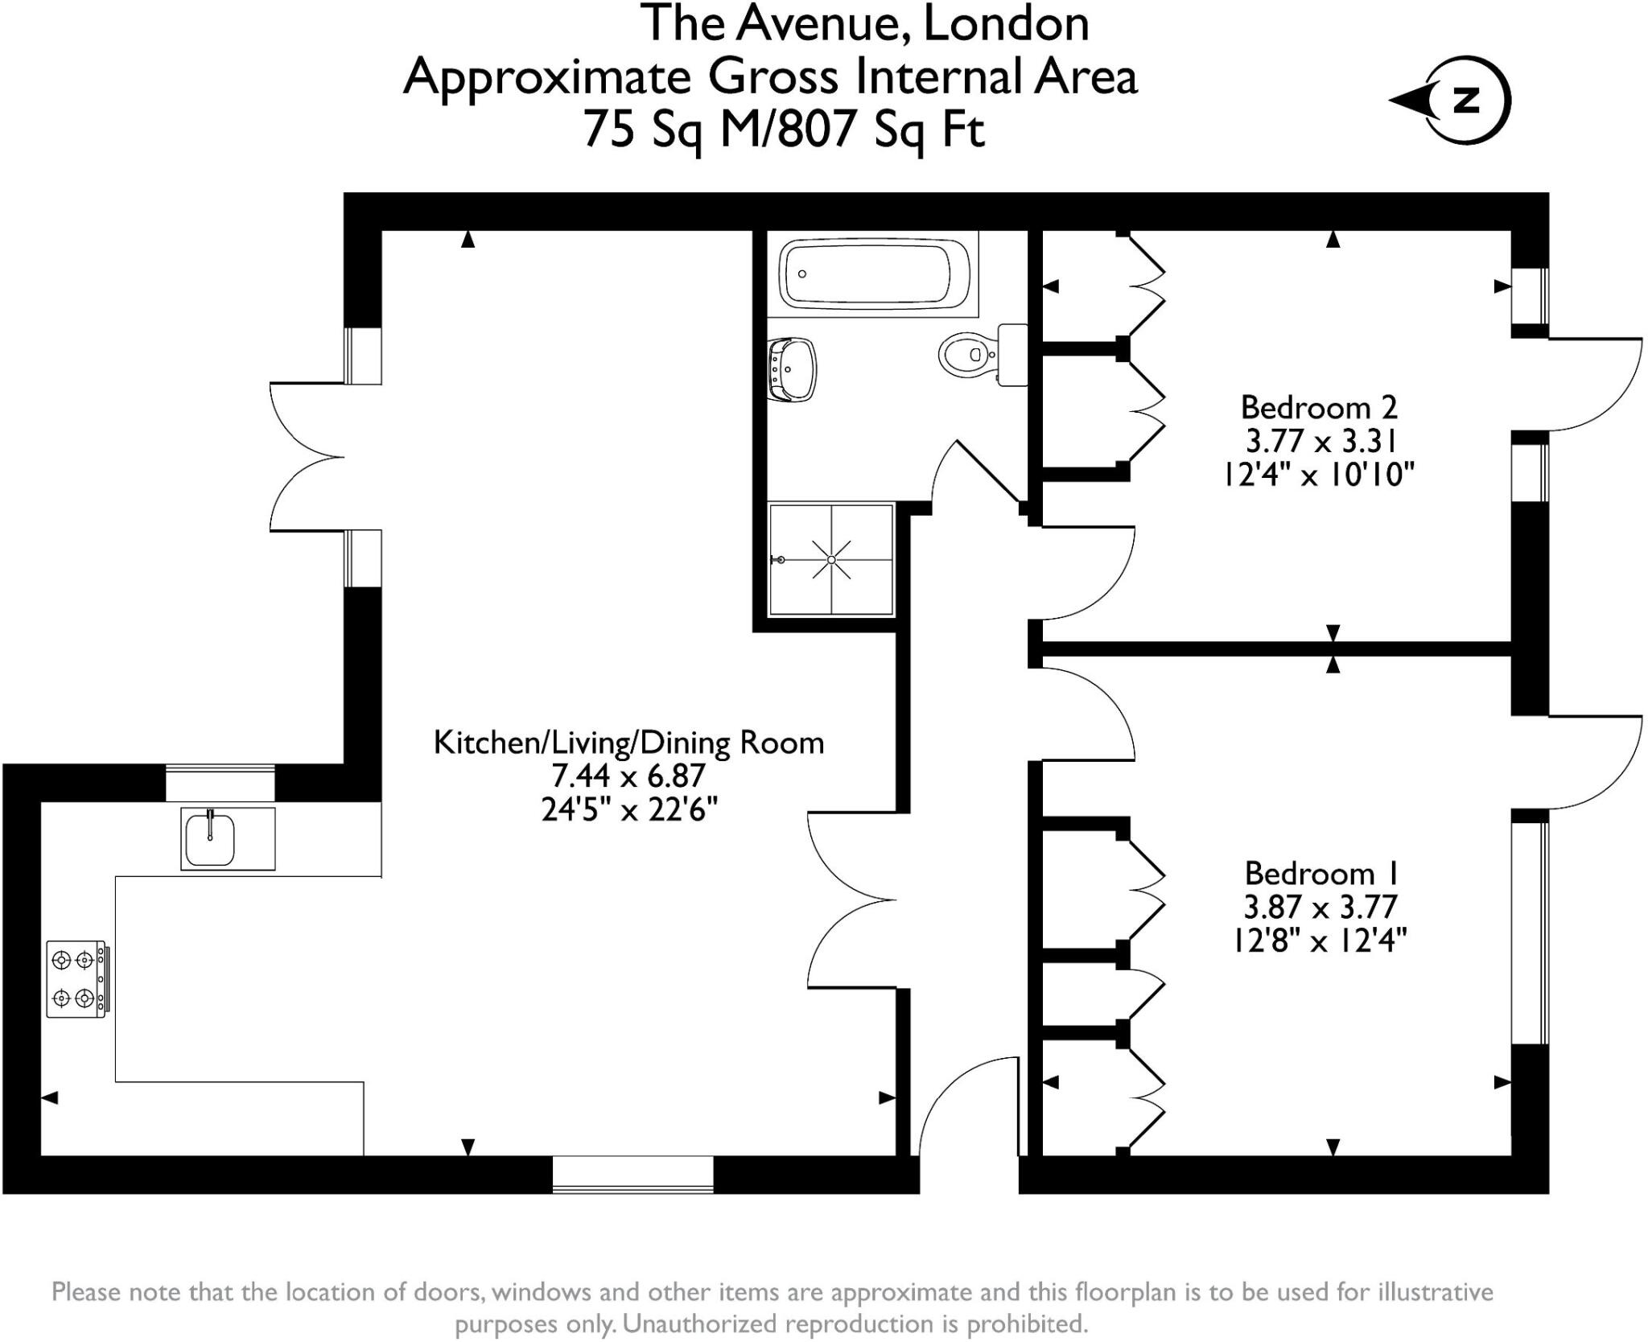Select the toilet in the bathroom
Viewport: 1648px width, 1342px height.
pos(983,354)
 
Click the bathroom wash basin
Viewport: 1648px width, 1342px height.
pos(793,369)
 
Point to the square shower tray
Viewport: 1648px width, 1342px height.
pos(831,559)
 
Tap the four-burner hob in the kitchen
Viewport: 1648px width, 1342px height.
pos(78,979)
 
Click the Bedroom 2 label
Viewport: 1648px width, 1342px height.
pos(1319,407)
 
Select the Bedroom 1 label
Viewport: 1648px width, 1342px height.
pos(1322,873)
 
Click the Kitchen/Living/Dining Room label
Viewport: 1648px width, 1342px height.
pos(628,743)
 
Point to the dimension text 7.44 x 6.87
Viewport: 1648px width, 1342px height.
pos(628,776)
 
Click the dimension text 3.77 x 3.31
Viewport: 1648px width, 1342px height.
pos(1320,441)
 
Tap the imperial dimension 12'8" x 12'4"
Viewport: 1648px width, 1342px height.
pos(1320,940)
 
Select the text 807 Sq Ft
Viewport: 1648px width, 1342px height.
pos(882,129)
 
